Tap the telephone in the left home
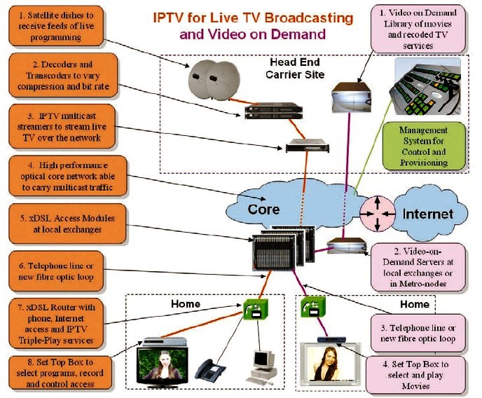(x=209, y=369)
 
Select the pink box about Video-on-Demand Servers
(x=418, y=268)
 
